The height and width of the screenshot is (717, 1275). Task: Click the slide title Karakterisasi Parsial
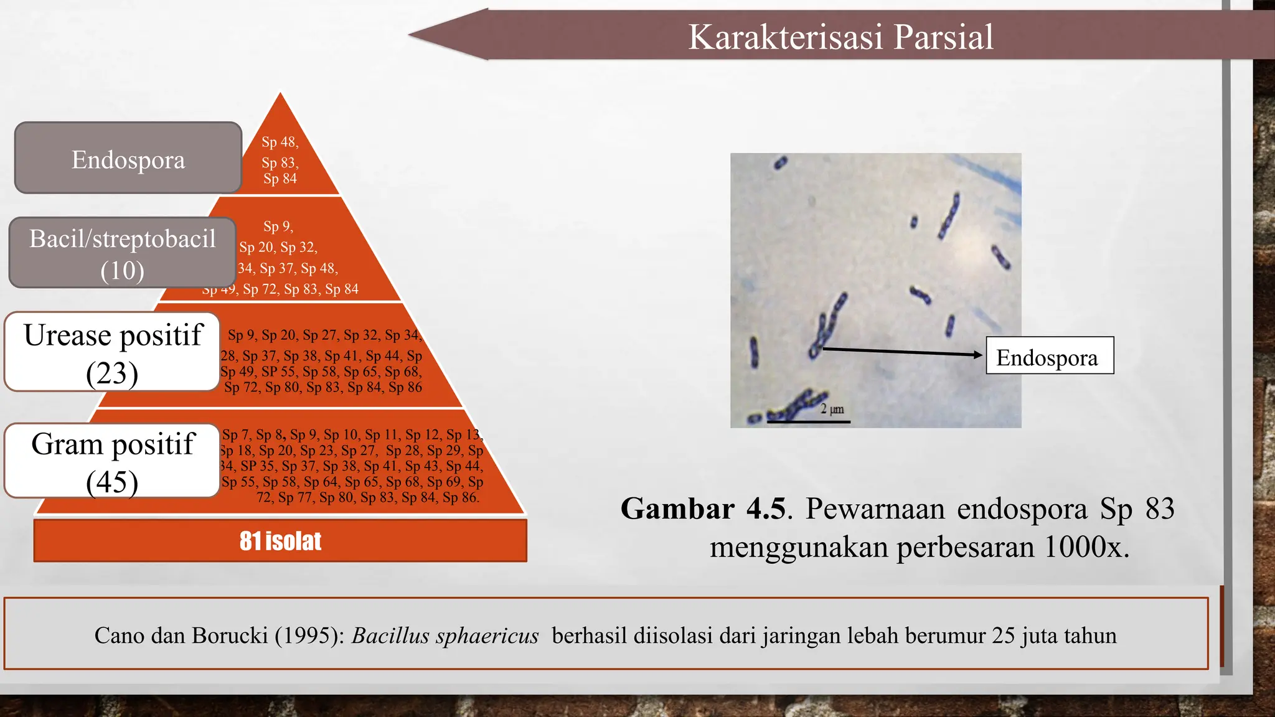840,37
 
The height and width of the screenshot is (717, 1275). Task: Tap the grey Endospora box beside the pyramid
128,159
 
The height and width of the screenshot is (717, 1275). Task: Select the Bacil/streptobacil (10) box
122,253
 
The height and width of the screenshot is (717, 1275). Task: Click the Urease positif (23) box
113,352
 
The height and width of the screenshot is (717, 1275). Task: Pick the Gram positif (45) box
112,461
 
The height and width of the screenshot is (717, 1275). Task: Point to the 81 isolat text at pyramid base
280,541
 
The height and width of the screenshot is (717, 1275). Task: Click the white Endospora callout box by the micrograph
1050,356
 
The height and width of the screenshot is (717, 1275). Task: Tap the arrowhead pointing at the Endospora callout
978,355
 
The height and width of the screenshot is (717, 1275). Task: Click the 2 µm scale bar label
832,409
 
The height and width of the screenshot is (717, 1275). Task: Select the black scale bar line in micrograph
808,422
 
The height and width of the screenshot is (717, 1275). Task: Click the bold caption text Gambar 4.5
703,508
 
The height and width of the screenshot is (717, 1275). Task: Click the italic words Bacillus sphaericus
445,635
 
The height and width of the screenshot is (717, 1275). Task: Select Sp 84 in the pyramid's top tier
280,179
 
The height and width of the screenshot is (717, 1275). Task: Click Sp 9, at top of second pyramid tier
278,227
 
